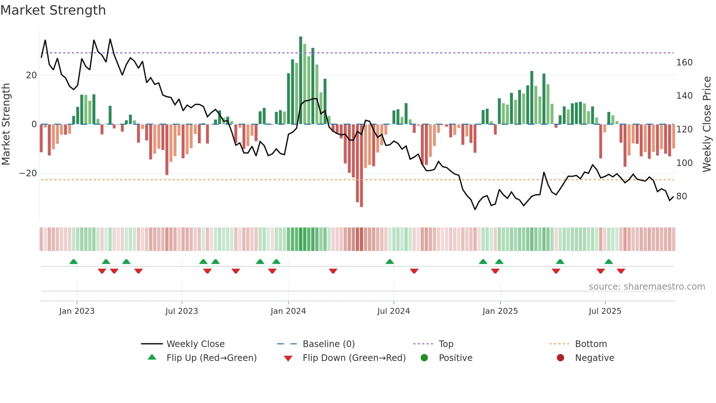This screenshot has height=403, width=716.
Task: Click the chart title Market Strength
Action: pos(53,10)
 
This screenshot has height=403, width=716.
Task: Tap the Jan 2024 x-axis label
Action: pos(288,311)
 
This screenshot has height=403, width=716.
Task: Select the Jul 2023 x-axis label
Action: pos(182,311)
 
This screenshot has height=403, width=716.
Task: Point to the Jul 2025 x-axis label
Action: pos(605,311)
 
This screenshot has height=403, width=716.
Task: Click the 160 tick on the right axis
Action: pos(684,63)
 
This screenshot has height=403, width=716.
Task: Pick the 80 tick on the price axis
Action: pos(681,196)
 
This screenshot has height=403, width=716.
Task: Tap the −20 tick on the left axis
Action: pos(28,173)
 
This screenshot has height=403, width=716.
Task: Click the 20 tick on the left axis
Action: pos(31,75)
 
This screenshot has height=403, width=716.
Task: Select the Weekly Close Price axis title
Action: pos(707,124)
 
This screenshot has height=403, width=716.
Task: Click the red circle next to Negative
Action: pos(560,358)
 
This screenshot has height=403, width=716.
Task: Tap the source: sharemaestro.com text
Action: pos(647,287)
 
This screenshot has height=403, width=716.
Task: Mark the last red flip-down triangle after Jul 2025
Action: pos(621,271)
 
